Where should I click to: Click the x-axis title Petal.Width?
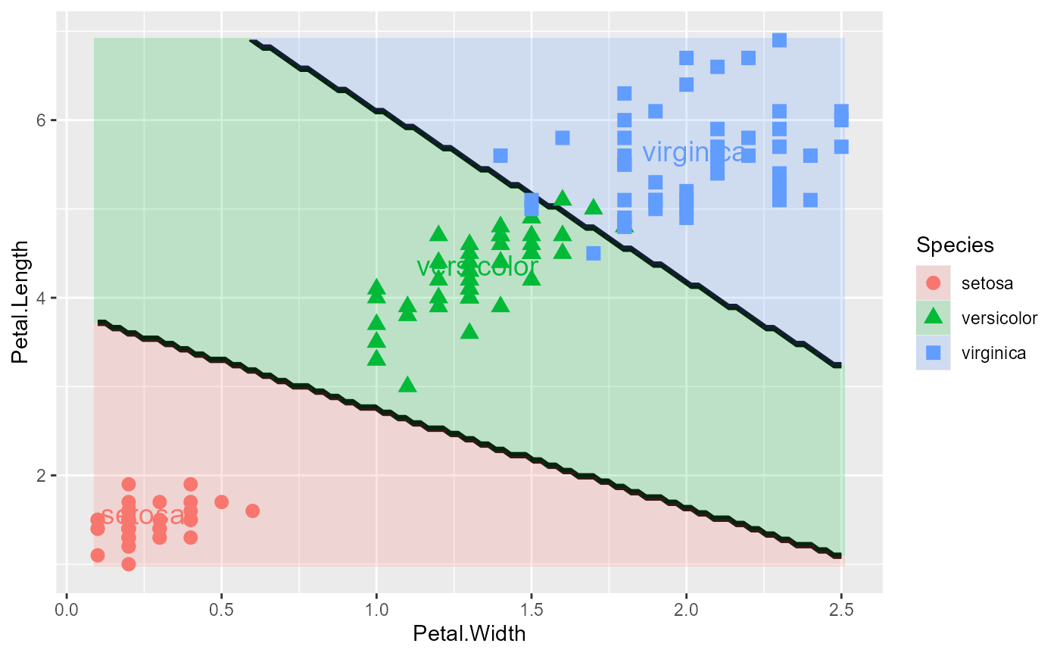coord(469,633)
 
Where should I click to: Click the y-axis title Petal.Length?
coord(21,301)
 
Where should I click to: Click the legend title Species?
coord(955,245)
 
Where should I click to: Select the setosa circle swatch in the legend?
coord(934,283)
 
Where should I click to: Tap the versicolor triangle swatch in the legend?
coord(934,317)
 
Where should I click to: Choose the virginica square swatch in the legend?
coord(934,352)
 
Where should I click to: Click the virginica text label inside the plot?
coord(693,152)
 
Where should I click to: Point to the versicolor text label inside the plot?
coord(478,267)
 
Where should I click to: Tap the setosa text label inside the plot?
coord(142,516)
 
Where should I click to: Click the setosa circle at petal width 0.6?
coord(253,511)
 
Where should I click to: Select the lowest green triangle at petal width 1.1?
coord(407,385)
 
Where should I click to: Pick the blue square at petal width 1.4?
coord(500,155)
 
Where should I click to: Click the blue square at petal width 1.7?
coord(594,253)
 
